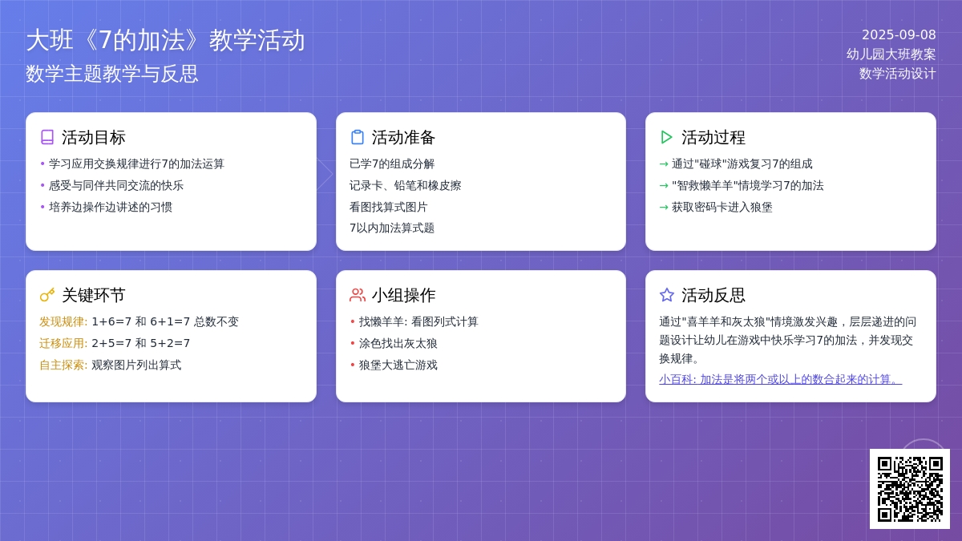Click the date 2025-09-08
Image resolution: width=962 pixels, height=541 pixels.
point(899,34)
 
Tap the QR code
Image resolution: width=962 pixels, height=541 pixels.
point(910,489)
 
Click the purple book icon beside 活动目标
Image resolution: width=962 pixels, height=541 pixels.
point(47,137)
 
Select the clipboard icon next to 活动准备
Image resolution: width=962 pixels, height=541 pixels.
point(357,137)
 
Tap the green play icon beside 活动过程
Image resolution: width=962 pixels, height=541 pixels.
point(666,137)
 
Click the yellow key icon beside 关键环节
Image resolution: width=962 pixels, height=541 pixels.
point(47,295)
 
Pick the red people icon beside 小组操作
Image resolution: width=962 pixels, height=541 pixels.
point(358,295)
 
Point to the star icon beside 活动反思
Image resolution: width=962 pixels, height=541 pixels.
point(666,295)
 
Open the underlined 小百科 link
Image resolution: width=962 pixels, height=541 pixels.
point(780,379)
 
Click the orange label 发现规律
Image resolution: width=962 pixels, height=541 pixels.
point(63,321)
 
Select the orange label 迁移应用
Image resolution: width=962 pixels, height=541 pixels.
point(63,343)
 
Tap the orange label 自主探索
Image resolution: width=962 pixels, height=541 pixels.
point(63,365)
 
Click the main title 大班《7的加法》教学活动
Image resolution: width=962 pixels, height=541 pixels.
point(165,40)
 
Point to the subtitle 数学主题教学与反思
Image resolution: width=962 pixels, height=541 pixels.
point(111,74)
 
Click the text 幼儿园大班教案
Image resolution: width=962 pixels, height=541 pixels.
point(891,55)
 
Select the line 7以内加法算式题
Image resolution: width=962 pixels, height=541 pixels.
point(392,228)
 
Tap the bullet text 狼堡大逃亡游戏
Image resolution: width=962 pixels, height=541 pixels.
point(398,365)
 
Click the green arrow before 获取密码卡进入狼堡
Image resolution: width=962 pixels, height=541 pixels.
point(664,208)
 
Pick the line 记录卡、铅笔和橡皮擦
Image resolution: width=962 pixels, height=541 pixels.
point(406,185)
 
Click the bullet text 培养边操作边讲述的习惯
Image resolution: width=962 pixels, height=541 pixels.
point(111,207)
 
